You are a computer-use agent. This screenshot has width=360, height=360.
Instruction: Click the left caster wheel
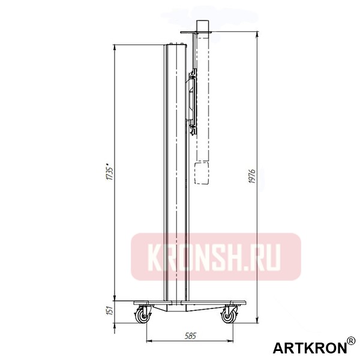(143, 314)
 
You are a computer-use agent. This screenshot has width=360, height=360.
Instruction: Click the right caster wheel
(229, 314)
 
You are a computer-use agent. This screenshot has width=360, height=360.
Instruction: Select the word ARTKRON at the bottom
(310, 348)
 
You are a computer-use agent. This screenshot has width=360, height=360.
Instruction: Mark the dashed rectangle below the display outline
(203, 173)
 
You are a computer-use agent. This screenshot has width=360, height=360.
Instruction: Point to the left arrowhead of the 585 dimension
(148, 342)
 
